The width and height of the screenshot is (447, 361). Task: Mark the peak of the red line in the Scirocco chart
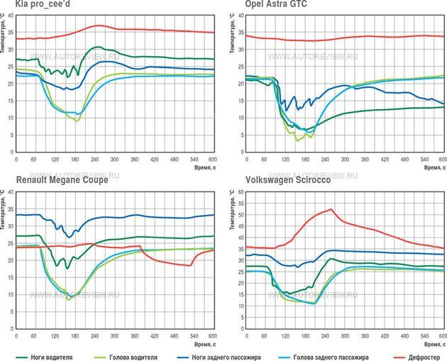331,209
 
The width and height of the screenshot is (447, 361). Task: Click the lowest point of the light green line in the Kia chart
77,121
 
